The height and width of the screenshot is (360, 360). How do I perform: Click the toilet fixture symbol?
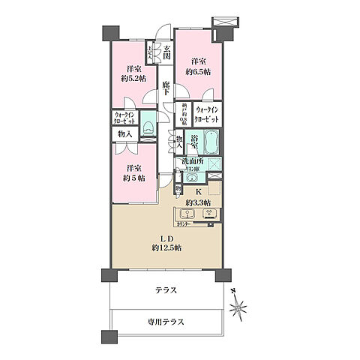(x=148, y=127)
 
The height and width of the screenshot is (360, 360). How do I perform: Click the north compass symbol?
(x=239, y=306)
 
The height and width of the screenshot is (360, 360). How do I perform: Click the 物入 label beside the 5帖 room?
(x=125, y=133)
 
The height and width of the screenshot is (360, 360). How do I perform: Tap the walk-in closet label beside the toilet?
(x=124, y=117)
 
